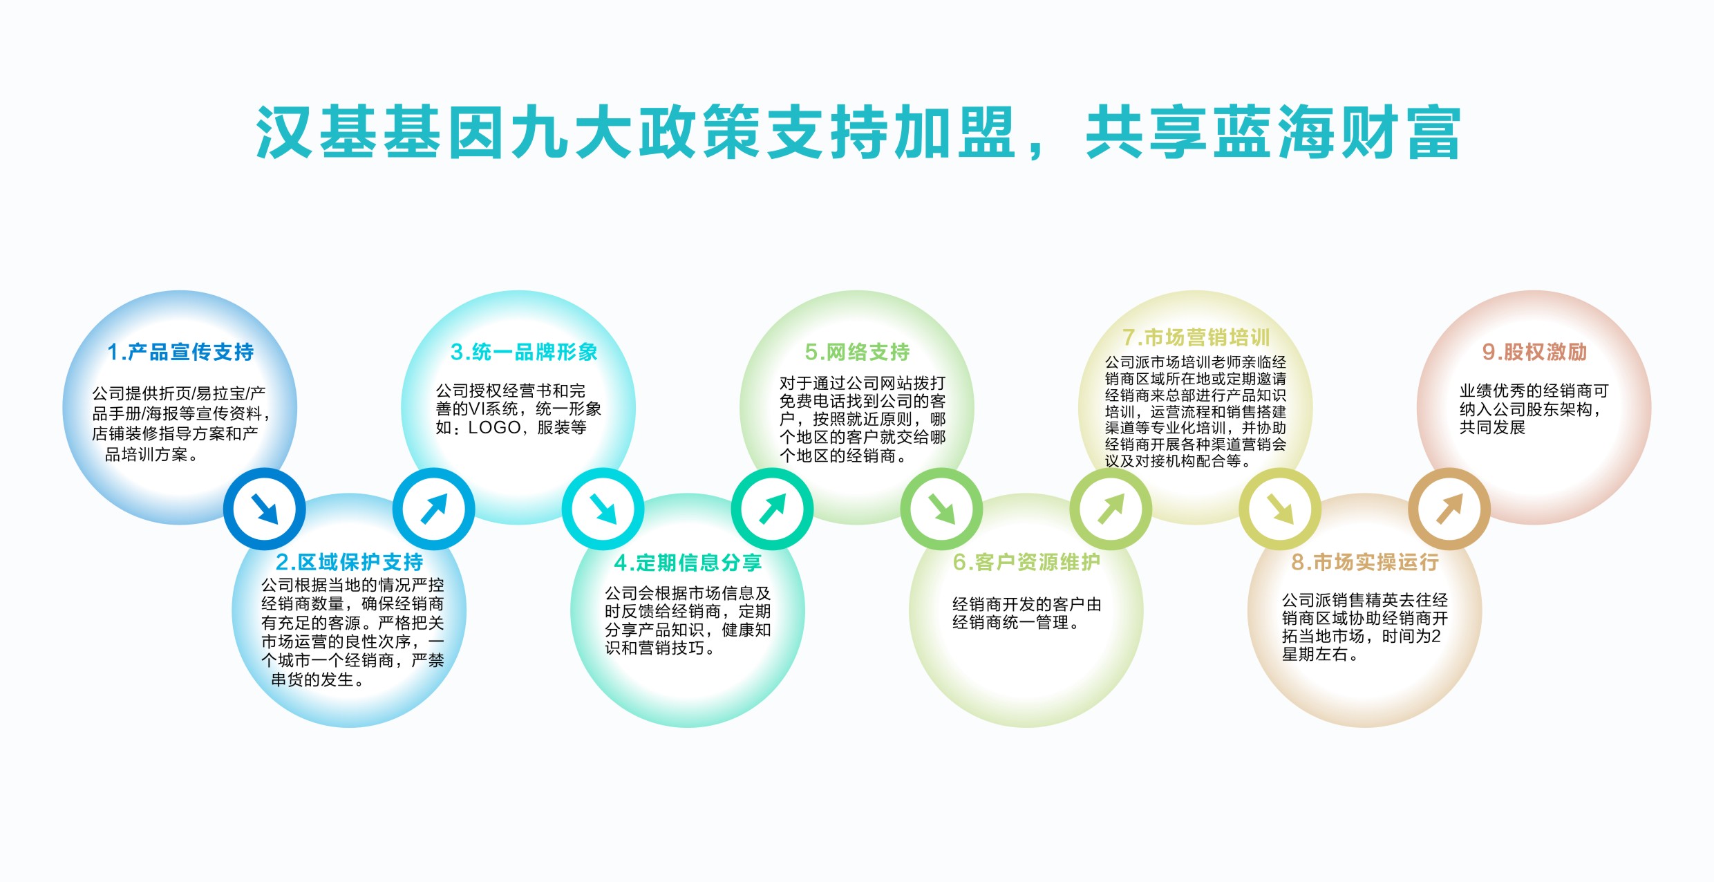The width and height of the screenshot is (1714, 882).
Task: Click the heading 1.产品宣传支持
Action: pos(180,353)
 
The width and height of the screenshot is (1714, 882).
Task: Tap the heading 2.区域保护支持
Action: pos(349,562)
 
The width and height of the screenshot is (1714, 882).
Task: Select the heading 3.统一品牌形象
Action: pos(524,353)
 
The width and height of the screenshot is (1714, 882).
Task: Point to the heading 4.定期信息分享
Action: pos(688,563)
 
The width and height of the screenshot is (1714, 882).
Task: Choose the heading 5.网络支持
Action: pos(857,353)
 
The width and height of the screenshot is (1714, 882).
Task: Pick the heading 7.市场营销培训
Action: pos(1196,337)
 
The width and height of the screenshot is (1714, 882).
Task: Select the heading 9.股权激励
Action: pos(1534,353)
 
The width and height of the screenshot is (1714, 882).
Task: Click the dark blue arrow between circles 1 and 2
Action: pos(264,509)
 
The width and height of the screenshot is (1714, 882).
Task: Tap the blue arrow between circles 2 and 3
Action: pos(434,509)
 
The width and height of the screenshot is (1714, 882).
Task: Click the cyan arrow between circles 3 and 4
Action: pos(603,509)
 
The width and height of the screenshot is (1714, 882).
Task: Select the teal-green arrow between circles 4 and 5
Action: pos(772,509)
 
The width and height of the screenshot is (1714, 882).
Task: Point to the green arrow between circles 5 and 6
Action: pos(941,509)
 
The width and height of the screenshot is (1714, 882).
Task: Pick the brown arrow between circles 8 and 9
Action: pos(1449,509)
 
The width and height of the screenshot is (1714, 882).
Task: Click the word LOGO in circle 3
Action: pos(494,428)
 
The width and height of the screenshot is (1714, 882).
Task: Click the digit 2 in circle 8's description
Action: pos(1437,636)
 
